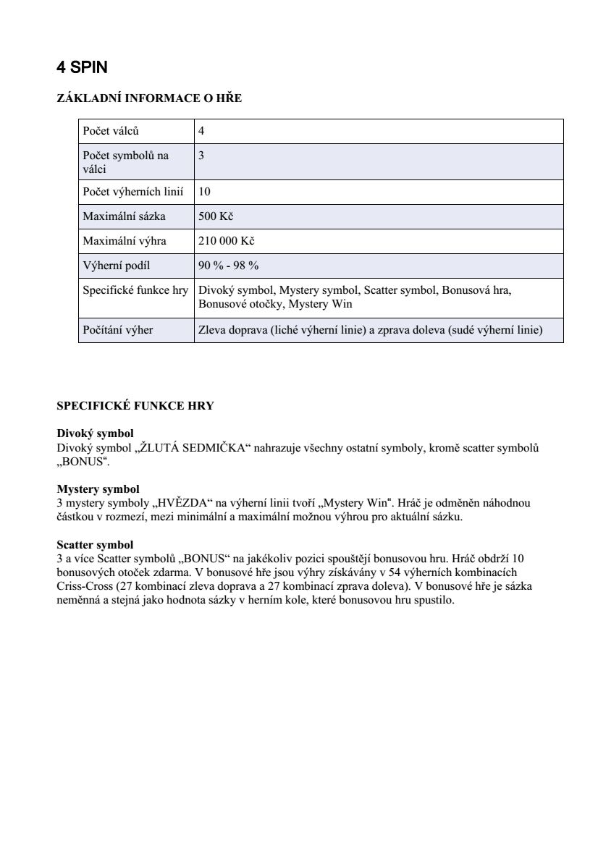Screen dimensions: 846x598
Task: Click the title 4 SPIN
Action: [82, 68]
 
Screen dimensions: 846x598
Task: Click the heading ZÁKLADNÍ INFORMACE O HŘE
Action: [149, 99]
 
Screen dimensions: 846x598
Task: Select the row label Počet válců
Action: [111, 132]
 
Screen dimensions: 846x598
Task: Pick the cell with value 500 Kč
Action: [216, 216]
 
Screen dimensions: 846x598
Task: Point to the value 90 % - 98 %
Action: [229, 266]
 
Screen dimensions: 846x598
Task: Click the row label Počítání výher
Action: [118, 331]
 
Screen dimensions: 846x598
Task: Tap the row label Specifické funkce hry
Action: [135, 290]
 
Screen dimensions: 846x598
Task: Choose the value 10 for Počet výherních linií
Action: [204, 192]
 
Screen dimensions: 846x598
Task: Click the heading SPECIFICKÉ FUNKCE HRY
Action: [135, 406]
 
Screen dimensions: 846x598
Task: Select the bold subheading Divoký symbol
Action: [95, 433]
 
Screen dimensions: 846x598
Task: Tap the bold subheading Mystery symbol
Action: [98, 489]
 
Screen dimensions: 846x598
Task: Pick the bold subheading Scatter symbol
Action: [95, 544]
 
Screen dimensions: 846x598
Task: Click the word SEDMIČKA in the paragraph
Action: [209, 448]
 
